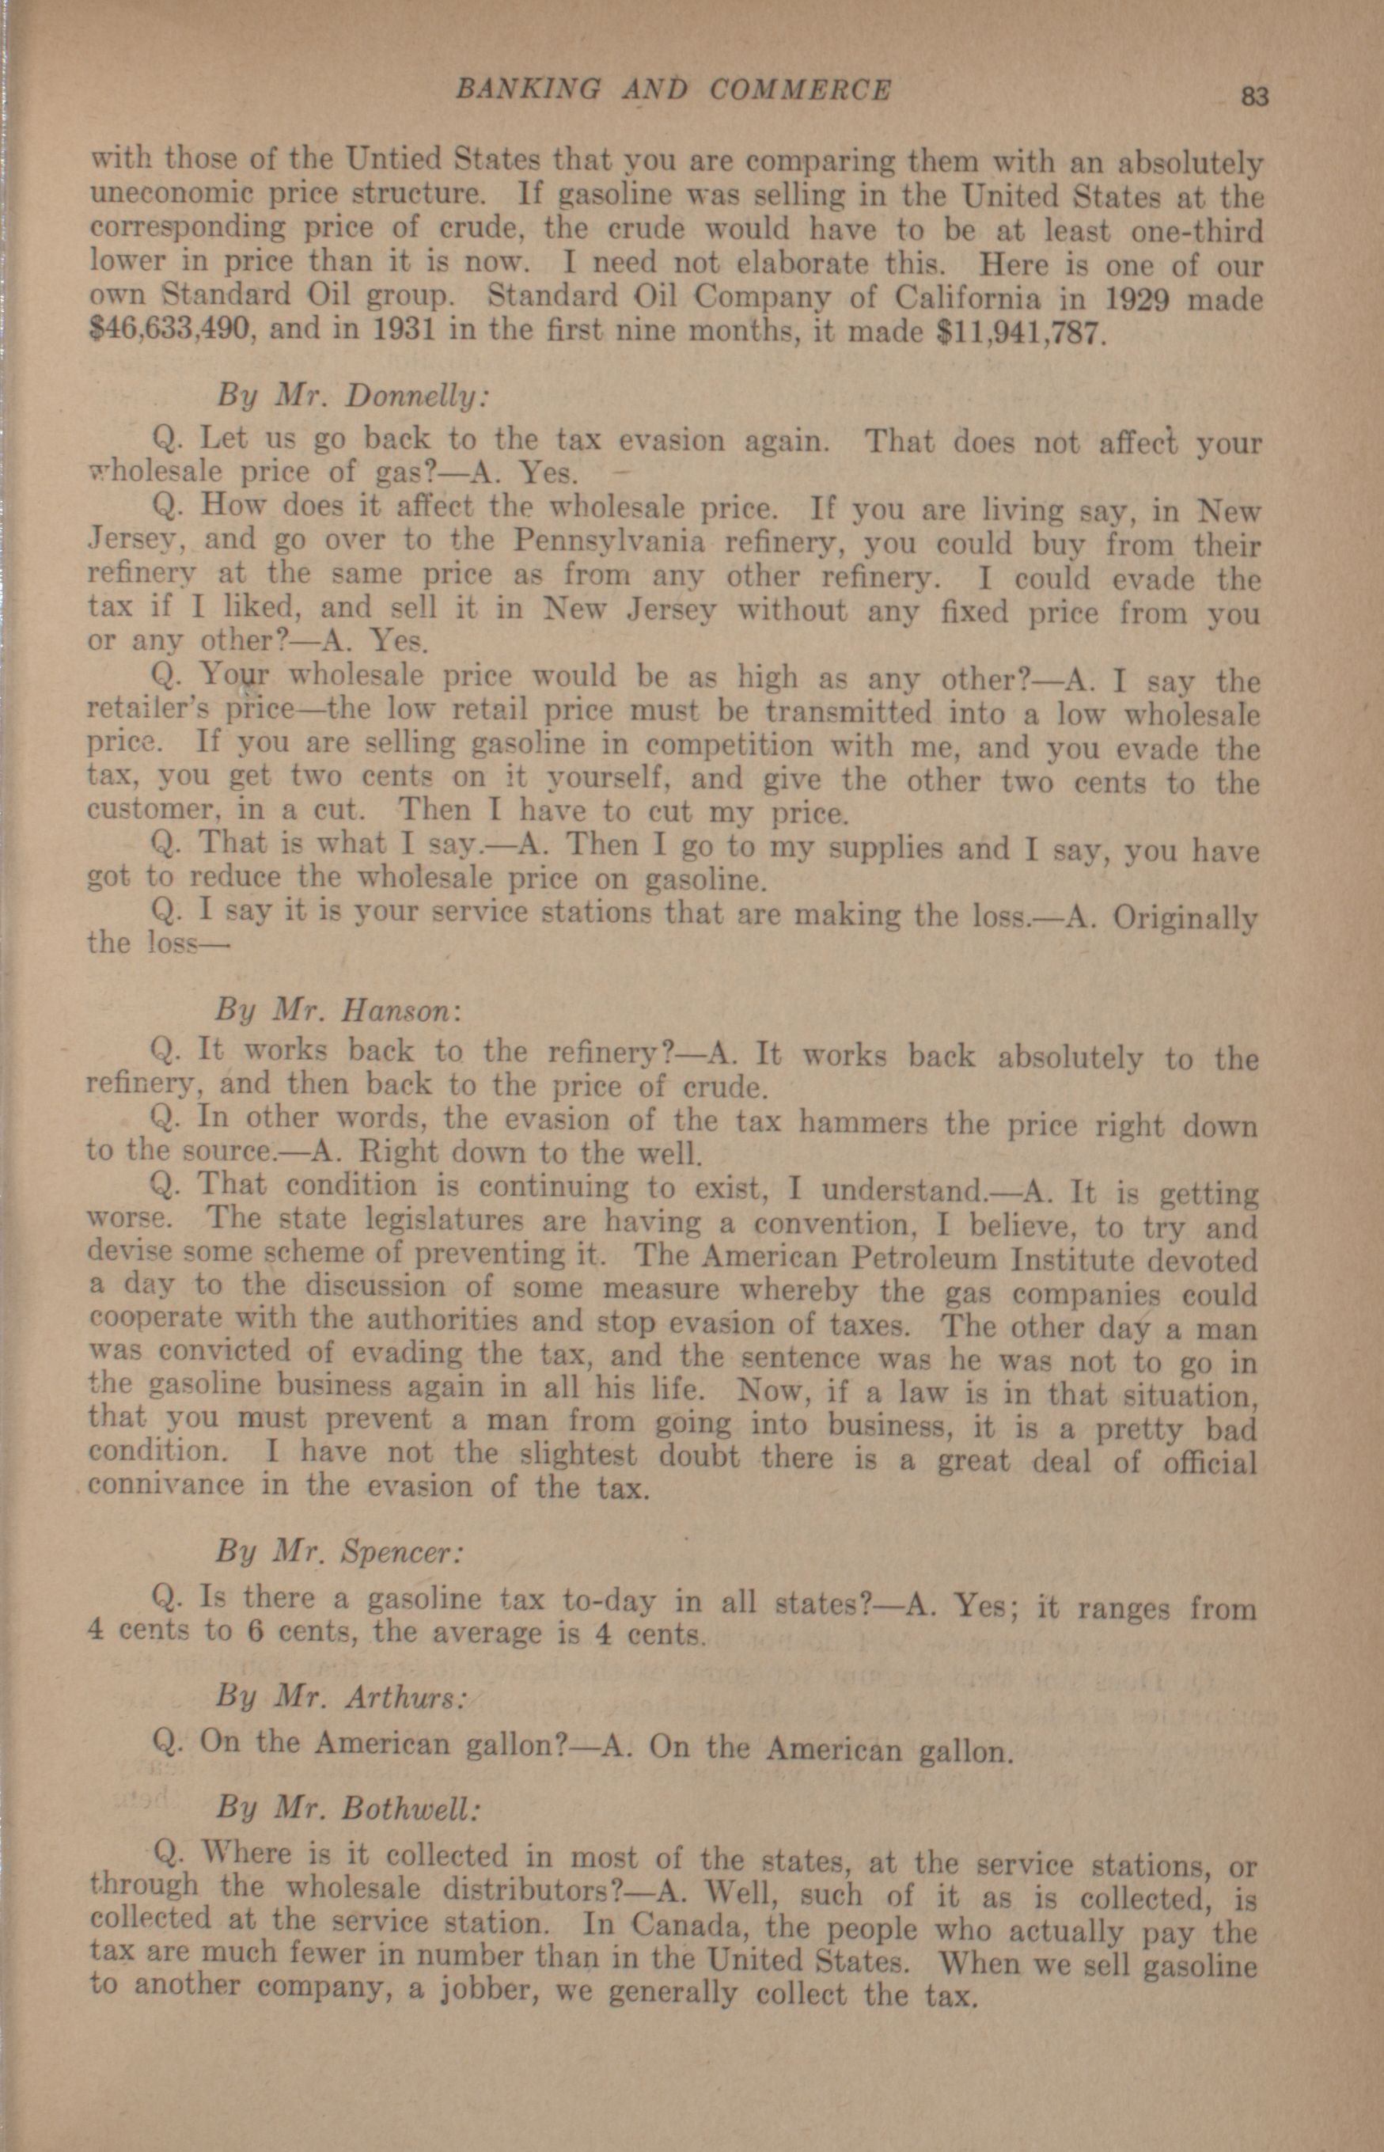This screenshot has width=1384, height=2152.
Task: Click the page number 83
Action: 1253,94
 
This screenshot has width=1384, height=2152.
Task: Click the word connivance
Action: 166,1483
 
